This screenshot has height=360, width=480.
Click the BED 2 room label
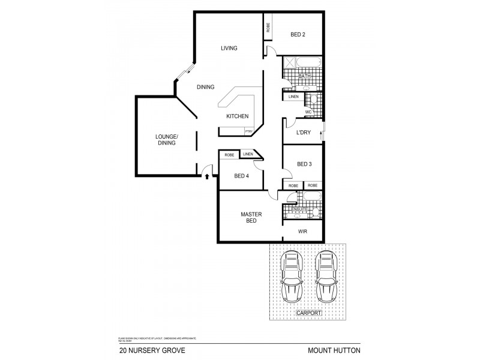[x=298, y=35]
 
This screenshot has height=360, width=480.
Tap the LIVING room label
[x=229, y=49]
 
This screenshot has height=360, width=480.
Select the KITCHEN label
[x=237, y=116]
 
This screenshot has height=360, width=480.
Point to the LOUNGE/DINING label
[x=167, y=139]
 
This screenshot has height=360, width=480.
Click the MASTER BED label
[x=249, y=217]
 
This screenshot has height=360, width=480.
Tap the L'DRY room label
[x=304, y=133]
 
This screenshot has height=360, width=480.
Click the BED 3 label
[x=304, y=164]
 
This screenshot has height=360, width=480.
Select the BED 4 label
[x=241, y=176]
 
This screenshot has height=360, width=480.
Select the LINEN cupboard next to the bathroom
[x=293, y=97]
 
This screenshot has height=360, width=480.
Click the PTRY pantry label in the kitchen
[x=248, y=131]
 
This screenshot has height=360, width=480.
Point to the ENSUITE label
[x=291, y=208]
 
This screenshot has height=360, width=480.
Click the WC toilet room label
[x=308, y=112]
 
